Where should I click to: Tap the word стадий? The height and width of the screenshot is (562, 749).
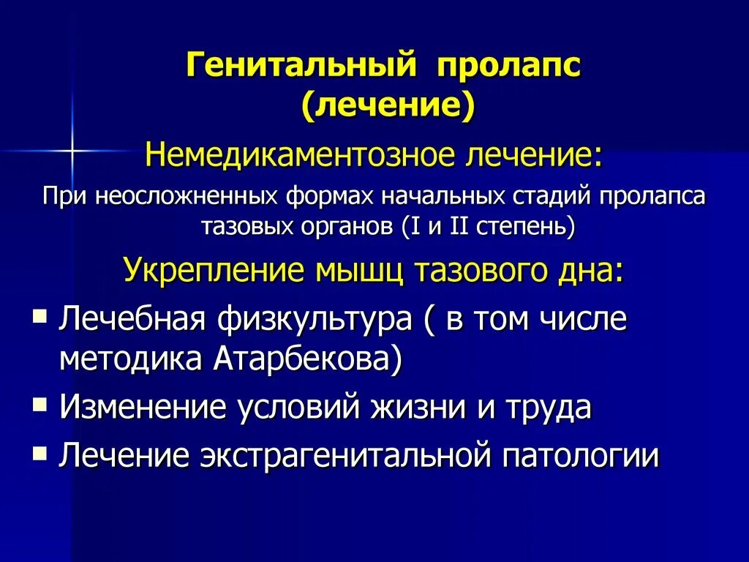click(559, 197)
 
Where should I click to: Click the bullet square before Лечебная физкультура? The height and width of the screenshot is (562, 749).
click(40, 315)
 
